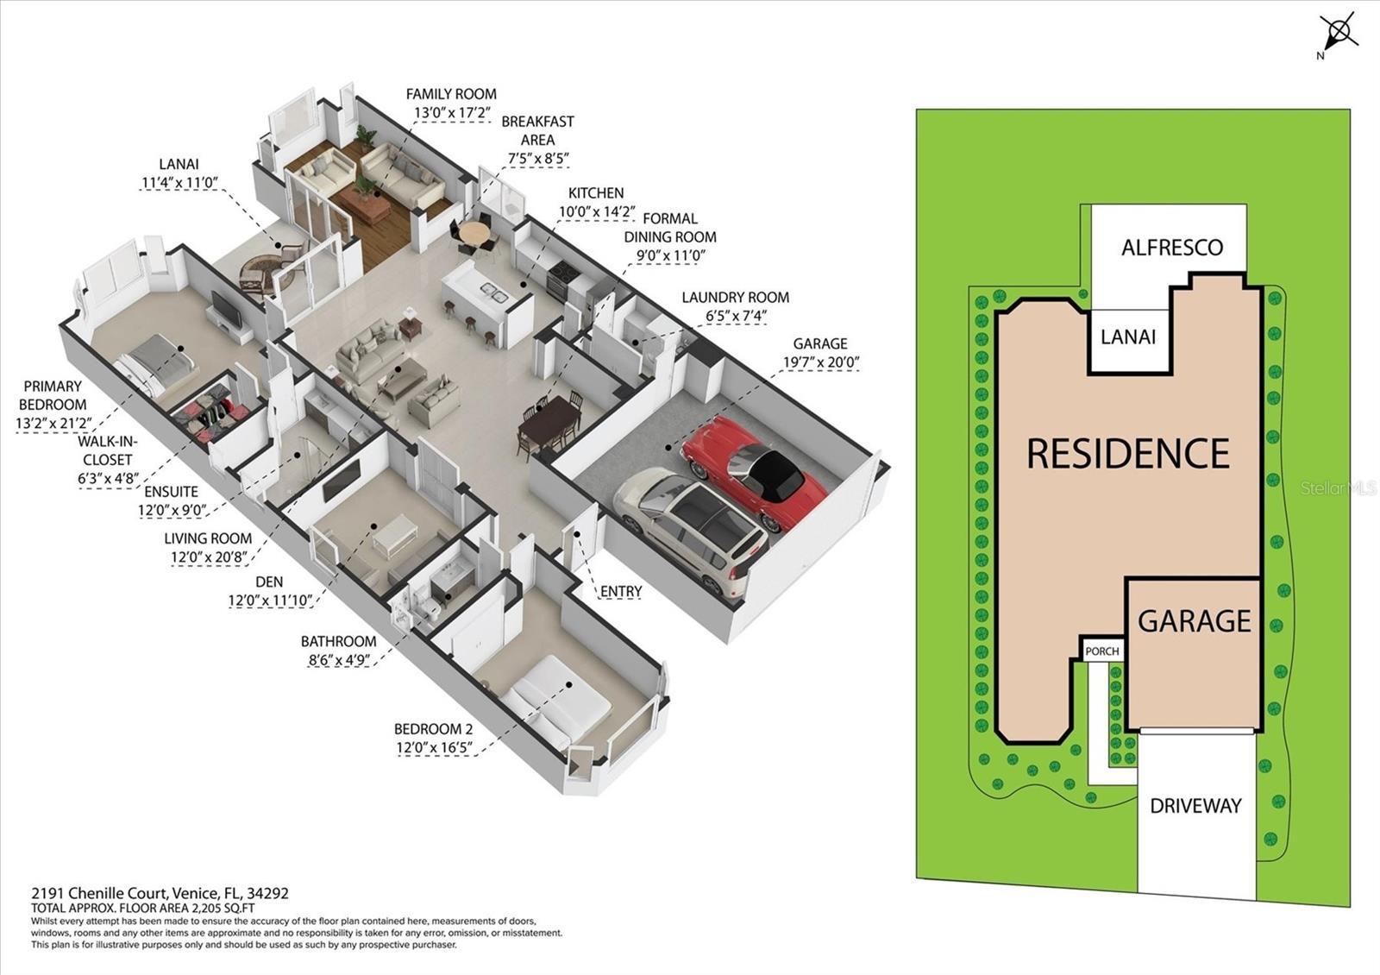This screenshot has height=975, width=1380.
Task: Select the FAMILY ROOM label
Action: [451, 94]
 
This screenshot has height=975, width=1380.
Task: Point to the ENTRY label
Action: [621, 591]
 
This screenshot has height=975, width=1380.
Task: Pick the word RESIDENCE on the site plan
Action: [1128, 454]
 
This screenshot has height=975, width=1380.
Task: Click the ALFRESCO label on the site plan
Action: [1171, 248]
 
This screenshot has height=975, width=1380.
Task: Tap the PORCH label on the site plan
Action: [1101, 651]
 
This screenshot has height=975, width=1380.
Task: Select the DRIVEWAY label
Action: [1195, 806]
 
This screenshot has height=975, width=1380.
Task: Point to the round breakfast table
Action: [474, 234]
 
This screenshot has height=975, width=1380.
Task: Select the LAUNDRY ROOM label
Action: [735, 298]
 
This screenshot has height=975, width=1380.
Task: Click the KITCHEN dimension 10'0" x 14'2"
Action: [597, 211]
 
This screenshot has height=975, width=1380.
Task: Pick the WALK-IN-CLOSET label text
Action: [108, 450]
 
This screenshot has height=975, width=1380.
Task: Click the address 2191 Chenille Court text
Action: [160, 894]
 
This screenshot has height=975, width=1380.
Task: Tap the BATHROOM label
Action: [338, 641]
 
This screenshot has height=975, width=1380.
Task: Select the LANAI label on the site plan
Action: [1128, 337]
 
